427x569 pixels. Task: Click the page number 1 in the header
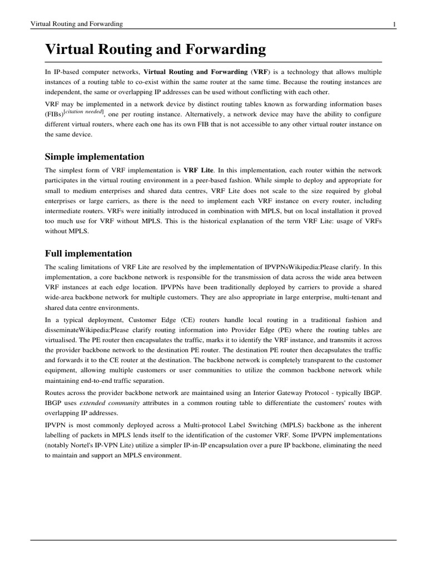click(394, 24)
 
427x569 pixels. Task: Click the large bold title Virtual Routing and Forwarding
click(155, 50)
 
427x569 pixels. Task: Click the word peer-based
click(222, 181)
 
